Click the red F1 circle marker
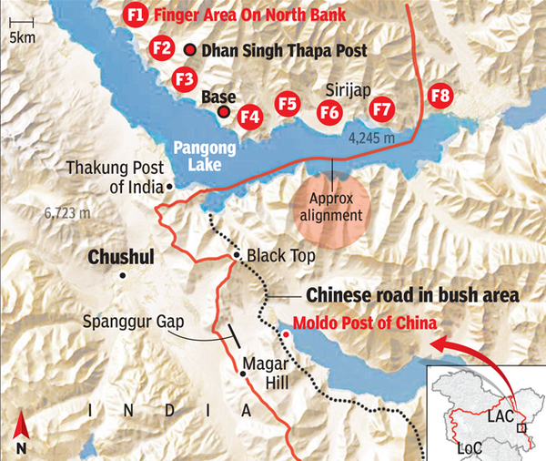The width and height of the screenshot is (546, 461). tap(136, 15)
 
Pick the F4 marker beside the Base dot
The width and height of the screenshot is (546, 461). tap(249, 116)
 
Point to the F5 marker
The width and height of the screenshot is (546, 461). tap(288, 105)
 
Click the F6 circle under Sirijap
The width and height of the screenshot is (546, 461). tap(330, 112)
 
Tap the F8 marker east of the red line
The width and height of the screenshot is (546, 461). tap(440, 96)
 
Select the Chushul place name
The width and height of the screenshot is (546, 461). tap(120, 258)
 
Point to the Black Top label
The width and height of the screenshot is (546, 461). tap(280, 258)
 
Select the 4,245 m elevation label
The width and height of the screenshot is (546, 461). tap(372, 138)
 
